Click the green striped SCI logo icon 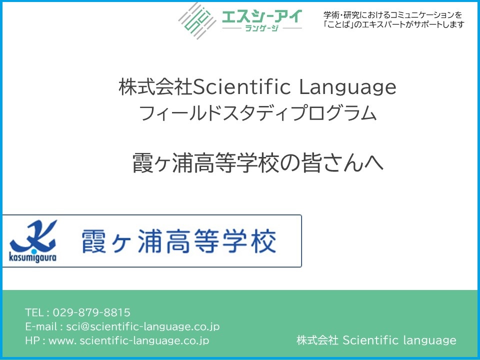point(197,21)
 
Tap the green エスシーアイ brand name point(262,16)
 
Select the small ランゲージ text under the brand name point(262,28)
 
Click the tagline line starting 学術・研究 point(393,14)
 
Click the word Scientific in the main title point(242,86)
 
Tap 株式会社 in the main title point(155,87)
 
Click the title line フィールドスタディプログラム point(257,112)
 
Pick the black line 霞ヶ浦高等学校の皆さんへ point(258,162)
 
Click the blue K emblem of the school point(33,236)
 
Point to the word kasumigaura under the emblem point(33,257)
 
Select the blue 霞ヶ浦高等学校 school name point(179,241)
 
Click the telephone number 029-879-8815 point(91,312)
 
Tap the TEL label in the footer point(34,312)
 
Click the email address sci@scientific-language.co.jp point(143,326)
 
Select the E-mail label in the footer point(41,326)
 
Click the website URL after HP point(129,340)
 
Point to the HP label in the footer point(32,340)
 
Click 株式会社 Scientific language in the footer point(376,340)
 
